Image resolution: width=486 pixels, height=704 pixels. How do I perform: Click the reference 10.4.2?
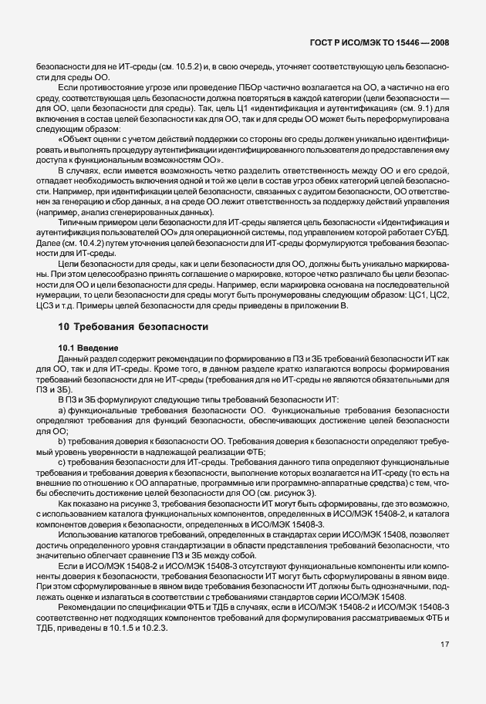pos(94,241)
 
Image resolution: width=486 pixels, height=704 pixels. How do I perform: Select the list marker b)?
pos(62,441)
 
